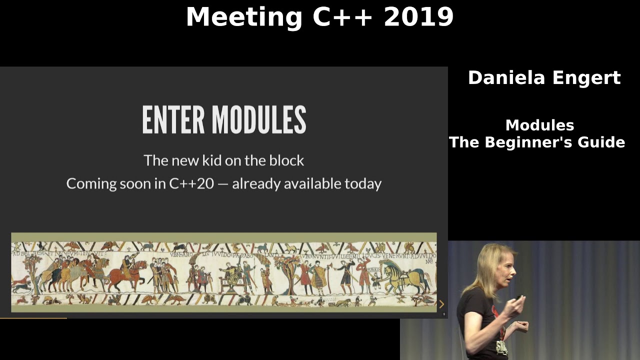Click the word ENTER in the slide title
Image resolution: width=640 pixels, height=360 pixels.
point(173,120)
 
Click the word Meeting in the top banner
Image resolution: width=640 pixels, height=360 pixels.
point(244,17)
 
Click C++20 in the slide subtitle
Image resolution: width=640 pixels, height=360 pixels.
point(191,183)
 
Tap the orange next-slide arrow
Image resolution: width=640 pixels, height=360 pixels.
point(441,304)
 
